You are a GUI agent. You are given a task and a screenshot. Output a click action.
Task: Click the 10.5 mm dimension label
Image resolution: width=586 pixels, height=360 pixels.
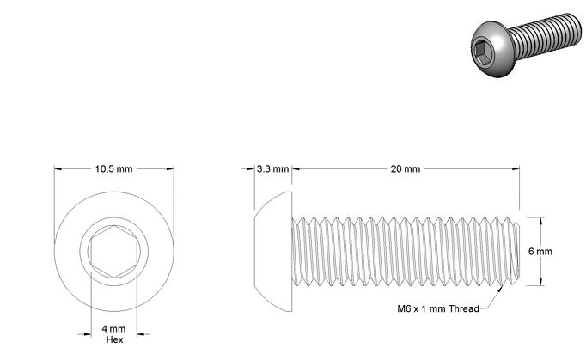(x=113, y=169)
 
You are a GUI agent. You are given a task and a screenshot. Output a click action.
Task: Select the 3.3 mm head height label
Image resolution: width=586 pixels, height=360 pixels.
(x=273, y=169)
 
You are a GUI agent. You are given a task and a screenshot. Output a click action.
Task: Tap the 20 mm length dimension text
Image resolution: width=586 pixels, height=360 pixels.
(x=406, y=169)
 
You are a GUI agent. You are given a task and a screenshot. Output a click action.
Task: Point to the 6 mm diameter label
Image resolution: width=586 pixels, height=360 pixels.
(x=540, y=251)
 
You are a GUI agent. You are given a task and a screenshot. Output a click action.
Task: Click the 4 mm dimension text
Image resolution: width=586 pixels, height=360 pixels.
(x=114, y=329)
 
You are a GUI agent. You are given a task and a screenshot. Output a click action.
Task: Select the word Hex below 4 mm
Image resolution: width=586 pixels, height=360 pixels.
(x=115, y=339)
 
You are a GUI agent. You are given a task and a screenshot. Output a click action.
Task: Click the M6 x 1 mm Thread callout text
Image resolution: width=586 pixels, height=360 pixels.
(x=438, y=308)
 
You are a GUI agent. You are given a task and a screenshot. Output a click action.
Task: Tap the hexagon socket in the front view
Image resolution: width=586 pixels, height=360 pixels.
(x=114, y=252)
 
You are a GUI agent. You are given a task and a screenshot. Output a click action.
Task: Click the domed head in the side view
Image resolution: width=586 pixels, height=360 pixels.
(x=273, y=251)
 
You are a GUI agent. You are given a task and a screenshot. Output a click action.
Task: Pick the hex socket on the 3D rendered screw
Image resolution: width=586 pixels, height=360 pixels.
(x=481, y=52)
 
